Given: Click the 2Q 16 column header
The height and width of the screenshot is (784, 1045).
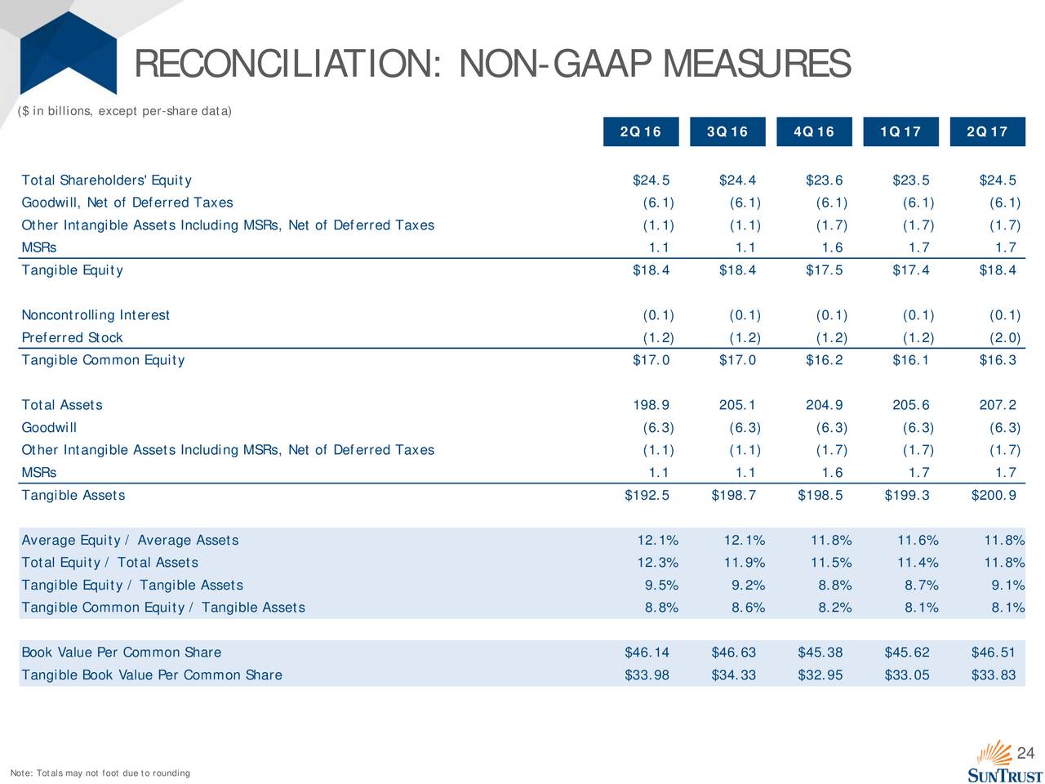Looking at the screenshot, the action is tap(640, 131).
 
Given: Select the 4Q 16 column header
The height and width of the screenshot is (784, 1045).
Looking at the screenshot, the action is tap(814, 131).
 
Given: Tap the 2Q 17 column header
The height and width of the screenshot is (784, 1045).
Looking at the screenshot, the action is tap(987, 131).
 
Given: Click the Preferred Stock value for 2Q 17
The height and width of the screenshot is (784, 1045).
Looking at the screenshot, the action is tap(1004, 337).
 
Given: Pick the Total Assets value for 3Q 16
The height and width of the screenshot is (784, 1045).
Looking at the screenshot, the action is tap(737, 404).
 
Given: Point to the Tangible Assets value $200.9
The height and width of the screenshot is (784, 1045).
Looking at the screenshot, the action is tap(993, 495).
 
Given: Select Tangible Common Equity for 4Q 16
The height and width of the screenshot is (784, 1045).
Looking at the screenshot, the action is tap(824, 360).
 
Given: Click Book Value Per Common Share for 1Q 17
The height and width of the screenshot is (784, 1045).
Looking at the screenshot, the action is tap(906, 652).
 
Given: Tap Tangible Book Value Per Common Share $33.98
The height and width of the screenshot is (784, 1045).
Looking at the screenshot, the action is tap(647, 675).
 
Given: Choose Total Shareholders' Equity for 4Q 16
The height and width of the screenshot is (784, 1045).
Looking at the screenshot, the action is tap(824, 180).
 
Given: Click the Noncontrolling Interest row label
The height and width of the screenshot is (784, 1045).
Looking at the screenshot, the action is tap(96, 314).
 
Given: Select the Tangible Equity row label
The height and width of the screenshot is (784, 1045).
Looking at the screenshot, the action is tap(72, 269).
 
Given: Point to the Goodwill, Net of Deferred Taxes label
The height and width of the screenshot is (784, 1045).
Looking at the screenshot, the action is tap(127, 203).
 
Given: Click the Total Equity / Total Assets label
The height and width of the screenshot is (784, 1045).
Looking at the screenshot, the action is tap(109, 562).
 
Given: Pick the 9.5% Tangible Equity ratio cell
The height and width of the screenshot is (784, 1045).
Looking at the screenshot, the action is tap(661, 585).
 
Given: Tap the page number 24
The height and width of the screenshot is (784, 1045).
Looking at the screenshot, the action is tap(1025, 753).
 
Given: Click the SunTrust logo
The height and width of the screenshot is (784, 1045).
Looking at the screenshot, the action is tap(1003, 762).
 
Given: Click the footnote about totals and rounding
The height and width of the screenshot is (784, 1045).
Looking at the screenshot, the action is tap(100, 773).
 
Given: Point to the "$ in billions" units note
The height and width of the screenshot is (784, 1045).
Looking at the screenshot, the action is tap(124, 111).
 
